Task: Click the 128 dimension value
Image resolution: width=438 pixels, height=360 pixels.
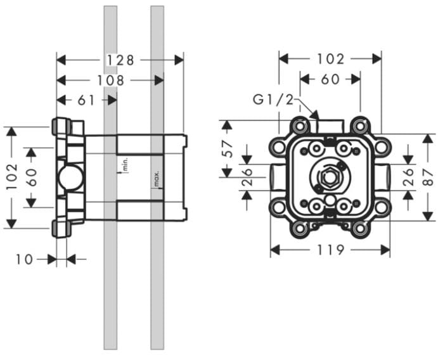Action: pyautogui.click(x=120, y=60)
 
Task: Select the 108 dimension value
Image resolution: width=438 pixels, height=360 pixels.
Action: pyautogui.click(x=110, y=80)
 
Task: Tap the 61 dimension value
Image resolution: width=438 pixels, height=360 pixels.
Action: pyautogui.click(x=86, y=100)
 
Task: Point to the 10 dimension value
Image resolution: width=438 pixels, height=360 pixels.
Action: pyautogui.click(x=24, y=259)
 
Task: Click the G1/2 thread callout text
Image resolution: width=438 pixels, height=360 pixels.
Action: pyautogui.click(x=273, y=100)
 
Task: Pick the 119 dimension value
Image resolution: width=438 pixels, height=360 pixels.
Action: pyautogui.click(x=330, y=250)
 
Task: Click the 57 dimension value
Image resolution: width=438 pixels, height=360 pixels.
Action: pyautogui.click(x=228, y=149)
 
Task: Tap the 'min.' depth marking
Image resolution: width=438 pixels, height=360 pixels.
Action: pyautogui.click(x=125, y=164)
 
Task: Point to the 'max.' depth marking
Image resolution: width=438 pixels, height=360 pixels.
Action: pyautogui.click(x=157, y=179)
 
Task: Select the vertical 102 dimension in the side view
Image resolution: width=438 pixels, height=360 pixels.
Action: pyautogui.click(x=12, y=177)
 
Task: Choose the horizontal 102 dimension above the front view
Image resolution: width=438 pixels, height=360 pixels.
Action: pyautogui.click(x=330, y=59)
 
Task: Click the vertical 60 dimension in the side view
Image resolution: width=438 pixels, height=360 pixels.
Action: pyautogui.click(x=32, y=177)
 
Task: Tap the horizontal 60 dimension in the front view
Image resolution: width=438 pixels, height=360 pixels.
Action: pyautogui.click(x=330, y=79)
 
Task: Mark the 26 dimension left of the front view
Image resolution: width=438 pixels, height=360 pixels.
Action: pyautogui.click(x=247, y=177)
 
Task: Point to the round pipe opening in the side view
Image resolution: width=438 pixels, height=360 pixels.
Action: pyautogui.click(x=70, y=177)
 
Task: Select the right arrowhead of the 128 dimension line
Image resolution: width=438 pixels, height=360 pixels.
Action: pyautogui.click(x=179, y=60)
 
